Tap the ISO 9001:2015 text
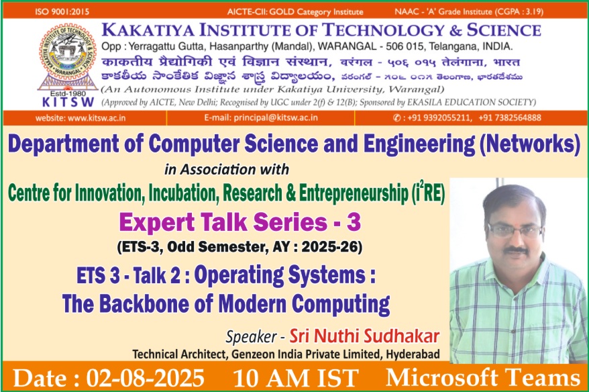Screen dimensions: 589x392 coord(62,11)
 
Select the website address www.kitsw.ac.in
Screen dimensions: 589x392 coord(97,118)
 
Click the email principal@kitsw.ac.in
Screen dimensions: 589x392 coord(276,117)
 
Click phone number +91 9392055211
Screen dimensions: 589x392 coord(439,117)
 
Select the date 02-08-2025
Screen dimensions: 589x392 coord(146,378)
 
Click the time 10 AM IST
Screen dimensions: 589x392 coord(295,378)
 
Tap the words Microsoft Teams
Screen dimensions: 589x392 coord(483,378)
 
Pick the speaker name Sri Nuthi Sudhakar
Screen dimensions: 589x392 coord(364,336)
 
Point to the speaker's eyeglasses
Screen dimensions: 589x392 coord(515,230)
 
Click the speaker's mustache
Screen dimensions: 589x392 coord(515,250)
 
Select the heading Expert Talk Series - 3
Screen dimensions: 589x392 coord(240,222)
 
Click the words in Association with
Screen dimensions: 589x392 coord(227,170)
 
